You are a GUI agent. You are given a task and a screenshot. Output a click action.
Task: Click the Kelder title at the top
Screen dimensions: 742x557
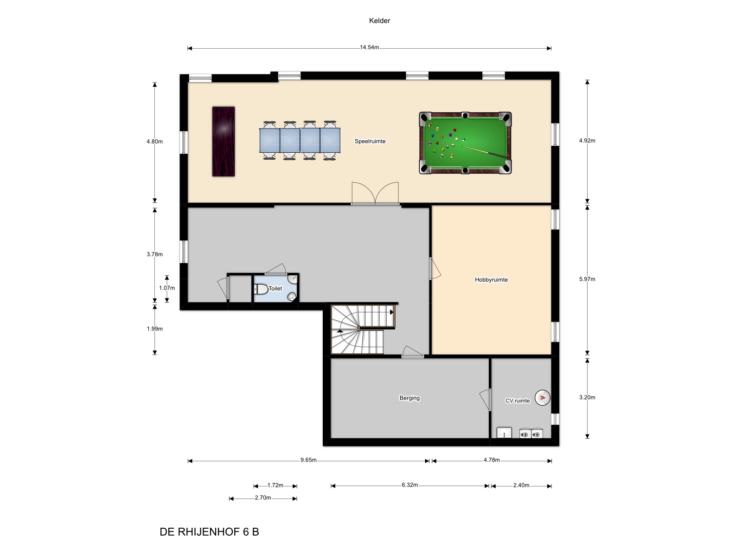(x=379, y=20)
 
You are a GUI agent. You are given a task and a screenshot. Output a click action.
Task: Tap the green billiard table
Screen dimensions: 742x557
(x=465, y=143)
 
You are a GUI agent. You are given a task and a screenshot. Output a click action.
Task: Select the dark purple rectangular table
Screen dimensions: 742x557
(x=224, y=142)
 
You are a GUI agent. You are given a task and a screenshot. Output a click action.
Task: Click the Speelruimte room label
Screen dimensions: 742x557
(x=370, y=142)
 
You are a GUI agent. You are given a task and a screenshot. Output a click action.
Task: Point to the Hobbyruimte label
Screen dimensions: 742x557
(x=491, y=280)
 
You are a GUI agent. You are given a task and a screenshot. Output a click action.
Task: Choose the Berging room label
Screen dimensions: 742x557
(x=409, y=398)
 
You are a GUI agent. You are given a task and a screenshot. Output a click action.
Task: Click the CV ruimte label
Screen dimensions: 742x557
(x=518, y=401)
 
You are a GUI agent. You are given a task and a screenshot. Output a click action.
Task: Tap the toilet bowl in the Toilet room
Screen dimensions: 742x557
(x=261, y=289)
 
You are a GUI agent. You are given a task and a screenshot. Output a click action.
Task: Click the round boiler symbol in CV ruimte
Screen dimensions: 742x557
(x=542, y=397)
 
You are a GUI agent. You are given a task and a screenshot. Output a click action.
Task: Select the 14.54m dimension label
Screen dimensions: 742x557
(x=369, y=48)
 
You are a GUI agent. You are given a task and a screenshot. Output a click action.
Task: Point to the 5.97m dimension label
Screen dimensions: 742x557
(x=587, y=279)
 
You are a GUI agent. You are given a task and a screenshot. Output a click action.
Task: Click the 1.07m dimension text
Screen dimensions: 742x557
(x=167, y=288)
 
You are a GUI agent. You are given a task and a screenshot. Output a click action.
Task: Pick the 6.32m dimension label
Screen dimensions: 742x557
(x=409, y=486)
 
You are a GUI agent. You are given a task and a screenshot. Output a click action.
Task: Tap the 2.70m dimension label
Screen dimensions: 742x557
(x=263, y=498)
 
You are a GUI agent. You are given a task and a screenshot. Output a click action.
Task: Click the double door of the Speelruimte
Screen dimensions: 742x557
(x=375, y=194)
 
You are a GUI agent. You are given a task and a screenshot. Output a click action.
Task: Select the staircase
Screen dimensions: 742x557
(x=363, y=329)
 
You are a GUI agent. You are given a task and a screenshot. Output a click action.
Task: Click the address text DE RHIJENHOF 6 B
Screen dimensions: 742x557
(x=209, y=532)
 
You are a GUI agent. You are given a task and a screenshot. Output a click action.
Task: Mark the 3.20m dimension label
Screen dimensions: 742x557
(x=587, y=397)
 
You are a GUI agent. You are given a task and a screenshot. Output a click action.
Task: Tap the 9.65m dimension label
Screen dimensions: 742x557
(x=309, y=460)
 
